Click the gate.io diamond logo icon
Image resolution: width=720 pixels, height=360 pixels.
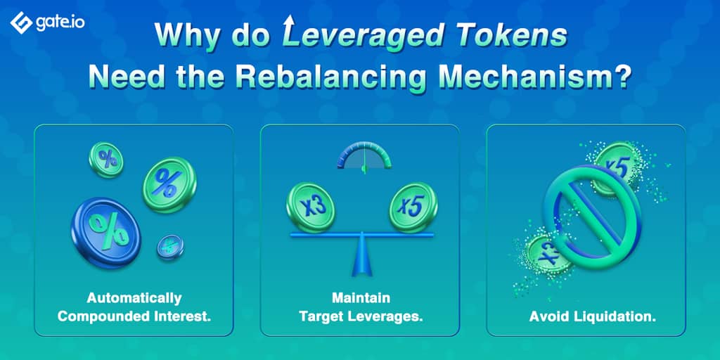point(21,22)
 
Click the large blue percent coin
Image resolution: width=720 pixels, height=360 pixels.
point(106,232)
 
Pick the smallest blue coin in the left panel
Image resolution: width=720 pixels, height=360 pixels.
point(170,247)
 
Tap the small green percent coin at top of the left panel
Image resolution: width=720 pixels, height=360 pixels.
point(106,160)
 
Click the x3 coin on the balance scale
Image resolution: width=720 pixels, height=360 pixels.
point(310,207)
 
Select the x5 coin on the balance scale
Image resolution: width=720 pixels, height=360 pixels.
point(413,207)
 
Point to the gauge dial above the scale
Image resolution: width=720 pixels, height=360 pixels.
point(364,156)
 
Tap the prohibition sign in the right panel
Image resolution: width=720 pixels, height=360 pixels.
point(592,211)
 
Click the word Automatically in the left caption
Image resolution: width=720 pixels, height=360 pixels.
point(134,298)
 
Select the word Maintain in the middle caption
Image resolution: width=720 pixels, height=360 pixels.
point(361,298)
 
